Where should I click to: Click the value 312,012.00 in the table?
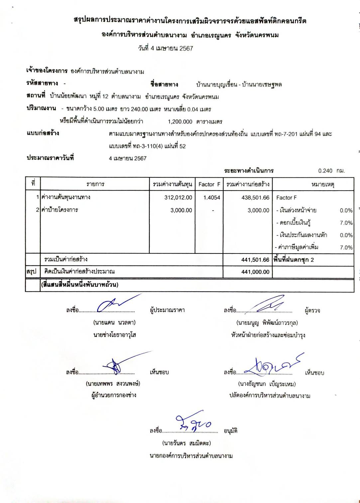[x=178, y=198]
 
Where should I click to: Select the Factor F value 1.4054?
[x=212, y=198]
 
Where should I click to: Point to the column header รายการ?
[x=95, y=184]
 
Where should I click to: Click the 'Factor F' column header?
[x=209, y=184]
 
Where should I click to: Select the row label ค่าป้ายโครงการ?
[x=60, y=210]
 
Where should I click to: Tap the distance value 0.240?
[x=325, y=171]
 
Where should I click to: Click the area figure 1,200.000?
[x=180, y=122]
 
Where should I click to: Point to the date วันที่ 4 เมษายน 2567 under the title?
[x=166, y=49]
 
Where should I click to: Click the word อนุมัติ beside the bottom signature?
[x=230, y=431]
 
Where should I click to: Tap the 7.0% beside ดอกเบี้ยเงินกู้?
[x=346, y=223]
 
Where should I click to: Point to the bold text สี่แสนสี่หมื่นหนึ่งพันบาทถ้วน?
[x=80, y=285]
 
